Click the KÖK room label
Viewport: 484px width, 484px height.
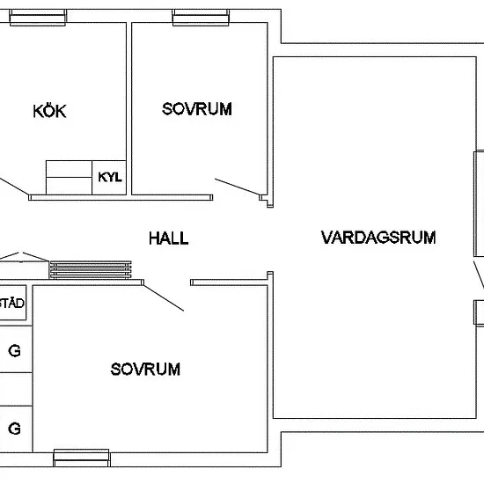click(x=49, y=111)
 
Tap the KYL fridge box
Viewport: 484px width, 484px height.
click(x=109, y=178)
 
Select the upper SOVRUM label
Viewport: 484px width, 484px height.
click(x=197, y=109)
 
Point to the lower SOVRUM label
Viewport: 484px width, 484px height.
click(x=145, y=370)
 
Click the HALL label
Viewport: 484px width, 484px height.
click(x=169, y=238)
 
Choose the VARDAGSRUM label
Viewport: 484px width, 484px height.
click(x=378, y=238)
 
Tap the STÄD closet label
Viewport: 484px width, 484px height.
click(x=11, y=303)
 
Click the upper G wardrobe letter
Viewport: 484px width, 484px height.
click(x=14, y=351)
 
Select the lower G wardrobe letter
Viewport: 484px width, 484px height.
click(x=14, y=429)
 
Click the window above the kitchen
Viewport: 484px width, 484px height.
click(x=38, y=18)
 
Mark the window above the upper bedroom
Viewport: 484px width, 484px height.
click(x=201, y=18)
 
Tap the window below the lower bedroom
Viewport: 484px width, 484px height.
click(x=82, y=458)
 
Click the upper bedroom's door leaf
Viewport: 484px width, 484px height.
click(x=238, y=187)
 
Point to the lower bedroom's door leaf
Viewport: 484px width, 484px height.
click(x=164, y=297)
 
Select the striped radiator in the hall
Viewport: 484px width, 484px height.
click(x=91, y=270)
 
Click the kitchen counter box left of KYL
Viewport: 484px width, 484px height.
click(x=69, y=178)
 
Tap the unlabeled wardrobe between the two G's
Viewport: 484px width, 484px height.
click(x=16, y=389)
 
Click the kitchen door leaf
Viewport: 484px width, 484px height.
click(x=14, y=186)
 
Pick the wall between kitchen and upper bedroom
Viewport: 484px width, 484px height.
click(x=129, y=108)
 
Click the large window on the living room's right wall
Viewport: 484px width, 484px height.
click(x=479, y=204)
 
